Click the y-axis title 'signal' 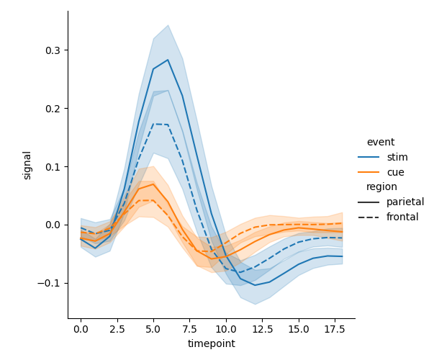coord(27,165)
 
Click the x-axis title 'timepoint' coord(211,344)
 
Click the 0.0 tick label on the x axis coord(81,329)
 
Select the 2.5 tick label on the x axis coord(117,329)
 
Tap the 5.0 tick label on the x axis coord(153,329)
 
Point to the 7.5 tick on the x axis coord(189,329)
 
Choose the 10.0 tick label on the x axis coord(226,329)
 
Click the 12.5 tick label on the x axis coord(262,329)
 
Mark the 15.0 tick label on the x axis coord(299,329)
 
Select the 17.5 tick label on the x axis coord(335,329)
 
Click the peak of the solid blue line coord(168,60)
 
